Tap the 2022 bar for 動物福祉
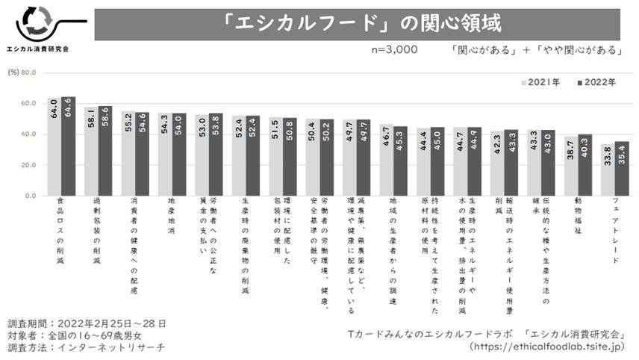click(585, 165)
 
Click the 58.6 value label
click(105, 123)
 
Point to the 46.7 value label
click(386, 141)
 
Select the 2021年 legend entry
click(540, 81)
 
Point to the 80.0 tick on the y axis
click(29, 73)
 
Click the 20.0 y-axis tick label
click(29, 165)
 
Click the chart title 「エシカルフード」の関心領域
click(356, 24)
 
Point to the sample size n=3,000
click(394, 50)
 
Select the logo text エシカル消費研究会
click(37, 49)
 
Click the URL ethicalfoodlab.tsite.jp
click(547, 347)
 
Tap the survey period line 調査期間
click(87, 323)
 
